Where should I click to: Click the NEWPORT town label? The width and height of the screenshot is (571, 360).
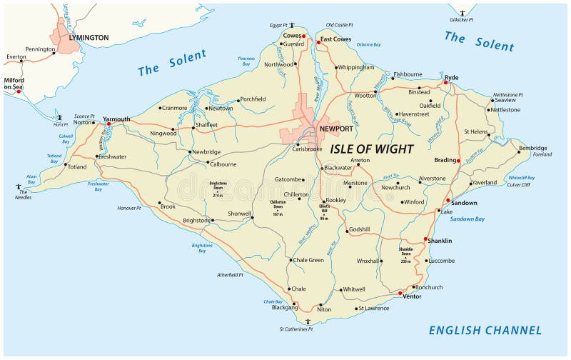coord(336,129)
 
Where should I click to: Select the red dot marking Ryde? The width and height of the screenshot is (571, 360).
coord(445,83)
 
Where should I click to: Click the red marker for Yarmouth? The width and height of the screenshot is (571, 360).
coord(108,124)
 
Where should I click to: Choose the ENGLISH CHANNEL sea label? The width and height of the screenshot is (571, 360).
coord(485,330)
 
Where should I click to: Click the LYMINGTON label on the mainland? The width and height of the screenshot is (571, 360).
coord(89,37)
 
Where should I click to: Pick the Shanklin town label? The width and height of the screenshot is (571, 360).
coord(439,241)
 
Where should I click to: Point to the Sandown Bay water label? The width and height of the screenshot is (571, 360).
coord(468,219)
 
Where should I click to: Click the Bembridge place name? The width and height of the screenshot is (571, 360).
coord(533,148)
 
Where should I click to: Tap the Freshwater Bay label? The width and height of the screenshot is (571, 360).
coord(98,186)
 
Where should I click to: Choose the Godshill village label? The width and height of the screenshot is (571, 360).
coord(359,229)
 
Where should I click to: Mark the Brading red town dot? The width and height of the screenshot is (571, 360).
coord(458,160)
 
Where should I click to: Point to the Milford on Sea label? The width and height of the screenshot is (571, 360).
coord(14,84)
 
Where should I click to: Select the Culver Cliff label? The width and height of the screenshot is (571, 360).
coord(520,185)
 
